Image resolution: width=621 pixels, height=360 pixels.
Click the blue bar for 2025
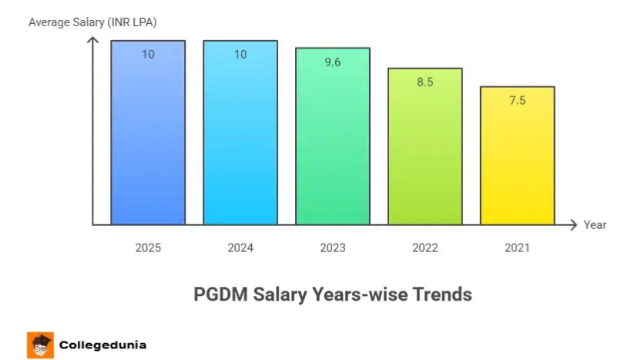point(148,139)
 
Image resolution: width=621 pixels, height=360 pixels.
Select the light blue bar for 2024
point(240,139)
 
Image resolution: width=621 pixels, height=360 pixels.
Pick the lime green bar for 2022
point(425,154)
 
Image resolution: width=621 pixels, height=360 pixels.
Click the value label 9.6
point(333,62)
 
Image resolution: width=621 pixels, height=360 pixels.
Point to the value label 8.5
point(425,82)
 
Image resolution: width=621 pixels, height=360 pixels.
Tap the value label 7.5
point(518,100)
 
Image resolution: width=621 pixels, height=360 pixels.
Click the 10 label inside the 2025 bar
point(148,55)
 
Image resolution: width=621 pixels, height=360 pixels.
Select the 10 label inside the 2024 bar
point(240,55)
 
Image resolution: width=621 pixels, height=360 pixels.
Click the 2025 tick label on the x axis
point(148,248)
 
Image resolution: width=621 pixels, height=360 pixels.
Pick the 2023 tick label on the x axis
point(333,248)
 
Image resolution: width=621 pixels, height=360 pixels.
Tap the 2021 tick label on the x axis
point(518,248)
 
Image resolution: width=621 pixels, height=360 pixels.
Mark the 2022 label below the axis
point(425,248)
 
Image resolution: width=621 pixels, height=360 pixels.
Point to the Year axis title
point(595,225)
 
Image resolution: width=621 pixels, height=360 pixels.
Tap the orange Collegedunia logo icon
point(40,345)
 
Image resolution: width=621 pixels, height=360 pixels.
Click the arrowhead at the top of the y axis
point(92,39)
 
